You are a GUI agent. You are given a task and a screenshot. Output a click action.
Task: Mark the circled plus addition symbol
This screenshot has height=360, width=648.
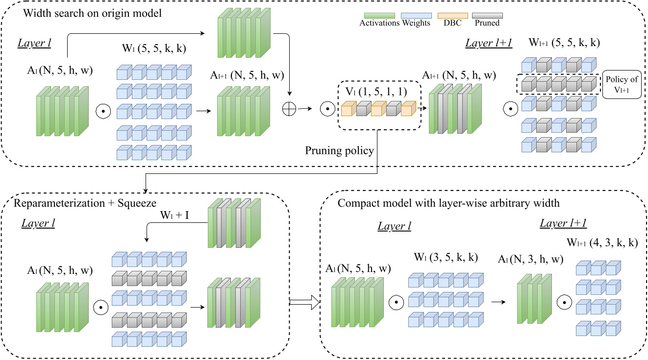(x=290, y=109)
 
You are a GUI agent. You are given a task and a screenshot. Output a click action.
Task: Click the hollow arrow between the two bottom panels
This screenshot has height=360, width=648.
(x=304, y=303)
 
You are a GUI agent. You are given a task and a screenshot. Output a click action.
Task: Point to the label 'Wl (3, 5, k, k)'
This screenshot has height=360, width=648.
(x=445, y=258)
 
